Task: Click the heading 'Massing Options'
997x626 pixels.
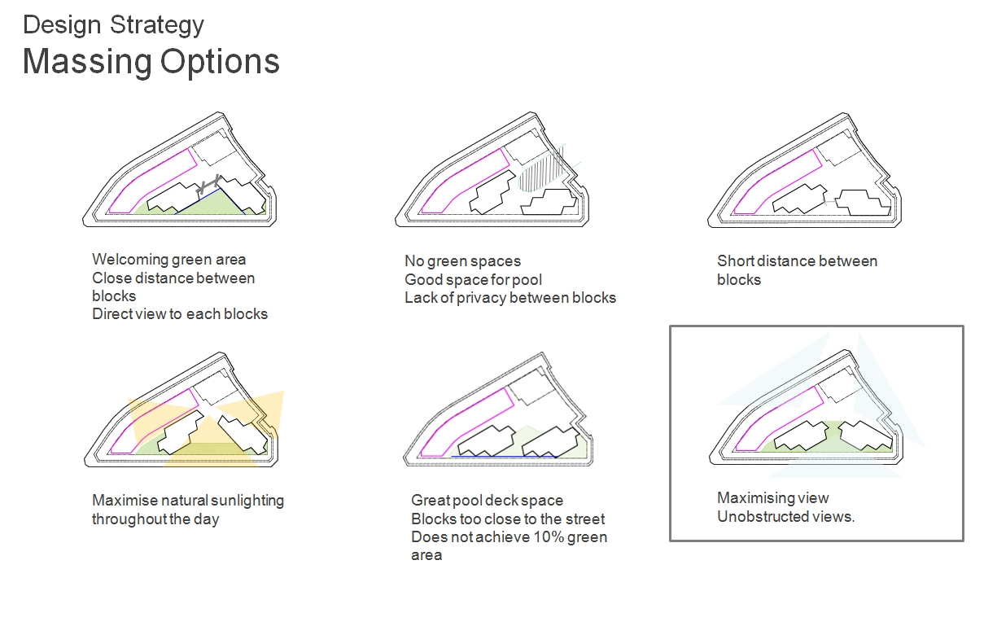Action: click(151, 63)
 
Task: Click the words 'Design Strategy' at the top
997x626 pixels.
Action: click(113, 24)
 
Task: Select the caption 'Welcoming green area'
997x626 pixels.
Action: click(168, 260)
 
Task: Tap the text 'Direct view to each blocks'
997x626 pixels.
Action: click(180, 313)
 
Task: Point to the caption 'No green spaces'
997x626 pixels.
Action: click(462, 261)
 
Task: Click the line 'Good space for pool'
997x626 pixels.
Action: click(473, 279)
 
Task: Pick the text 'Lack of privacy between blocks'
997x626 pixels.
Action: click(510, 297)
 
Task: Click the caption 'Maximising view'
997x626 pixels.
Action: click(772, 498)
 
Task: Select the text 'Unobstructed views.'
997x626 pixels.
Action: click(785, 516)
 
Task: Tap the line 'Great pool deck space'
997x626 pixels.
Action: click(487, 501)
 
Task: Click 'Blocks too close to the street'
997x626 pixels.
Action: click(508, 519)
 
